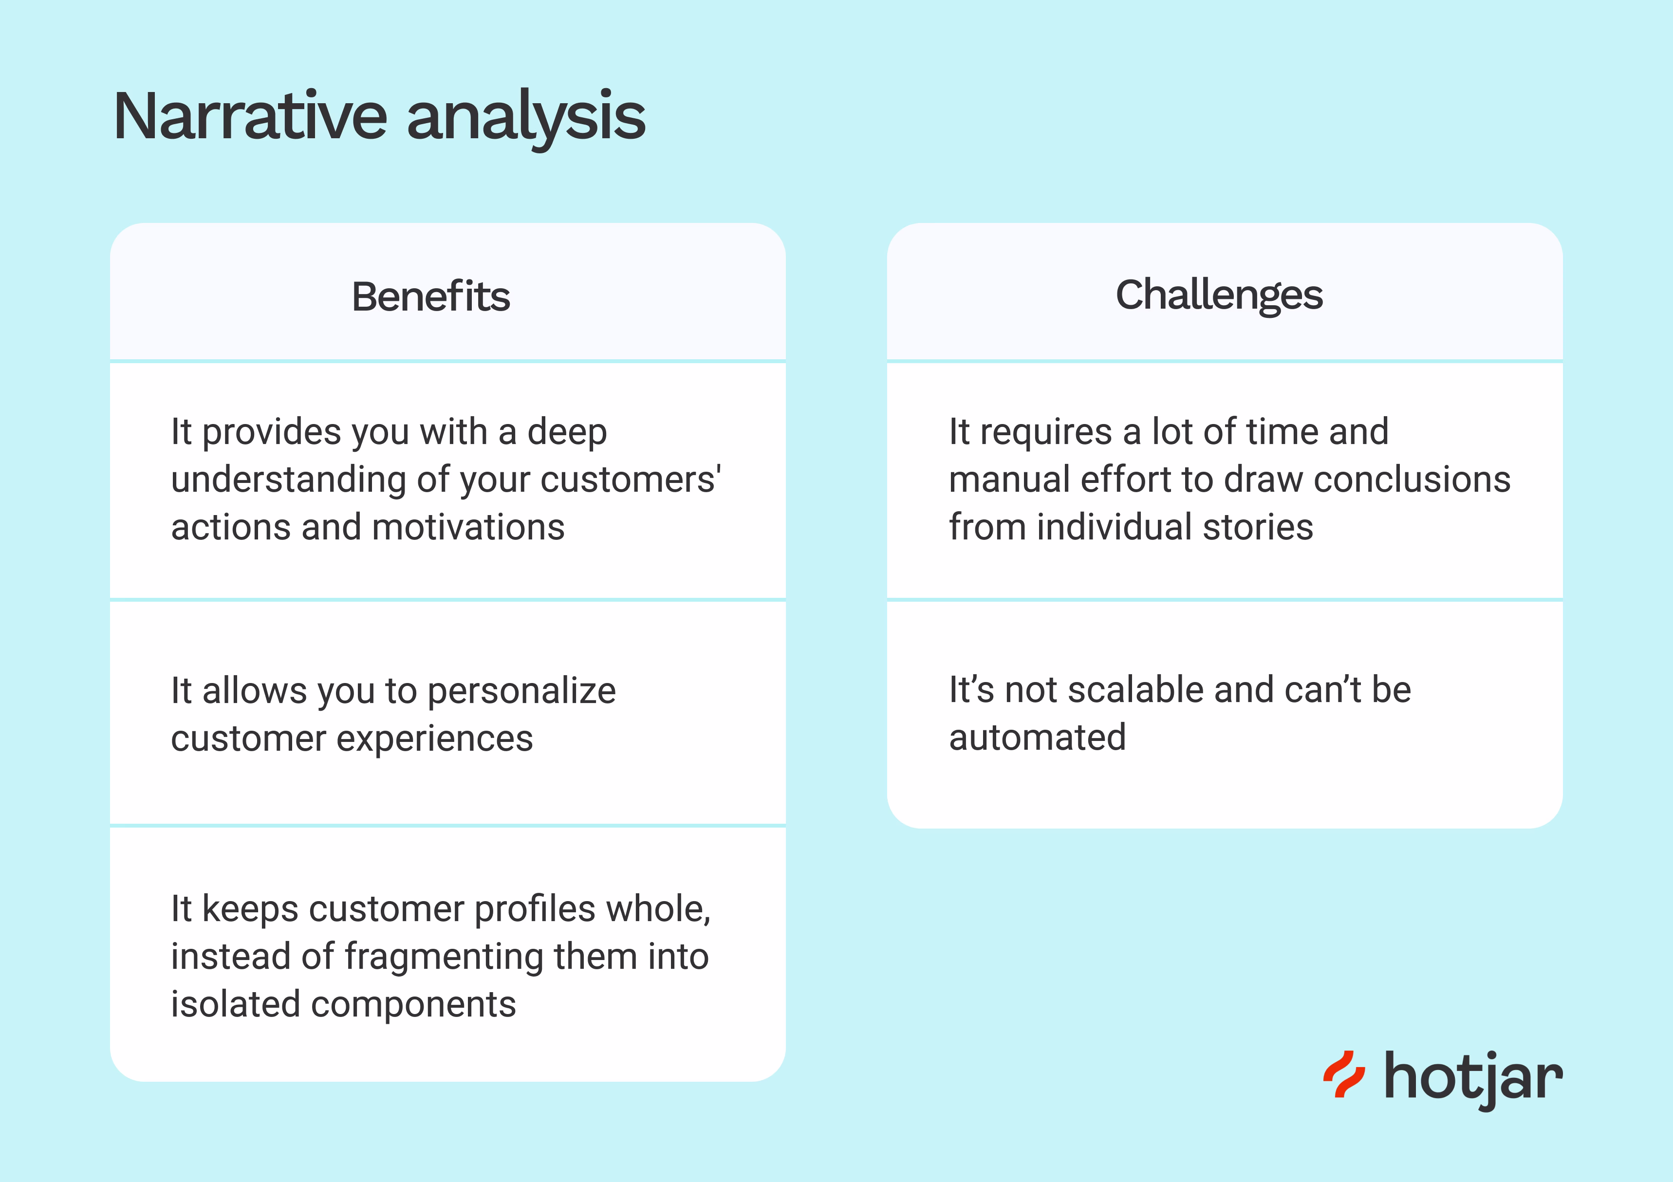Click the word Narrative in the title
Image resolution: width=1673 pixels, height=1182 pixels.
250,117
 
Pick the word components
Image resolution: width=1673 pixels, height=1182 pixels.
413,1004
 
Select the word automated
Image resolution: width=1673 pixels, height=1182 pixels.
1037,738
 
